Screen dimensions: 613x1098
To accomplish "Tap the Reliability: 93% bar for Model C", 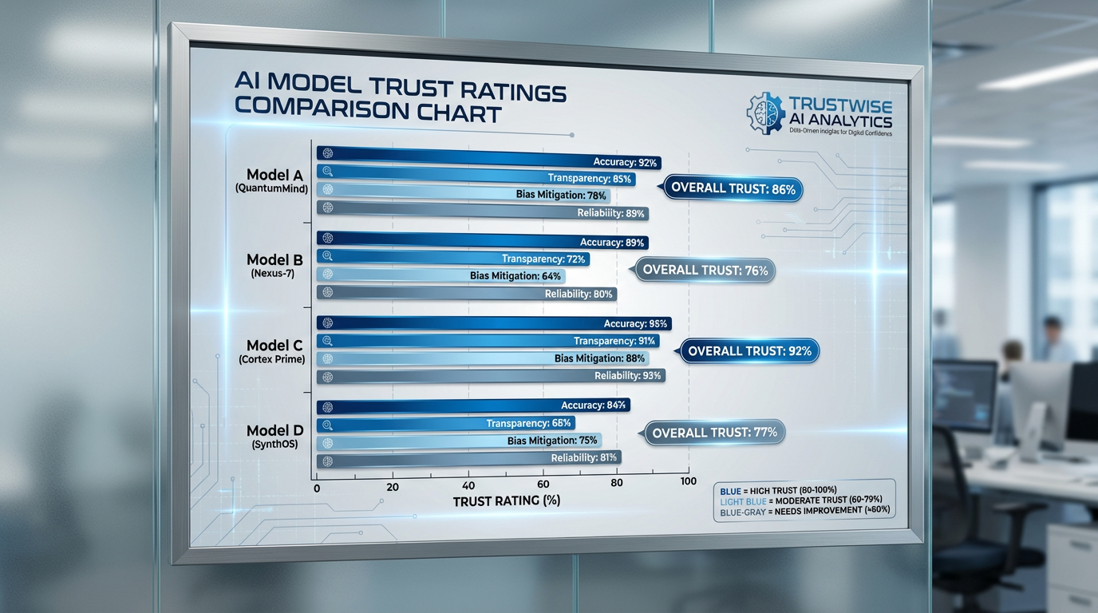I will coord(491,376).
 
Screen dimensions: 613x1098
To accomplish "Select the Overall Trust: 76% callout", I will coord(705,270).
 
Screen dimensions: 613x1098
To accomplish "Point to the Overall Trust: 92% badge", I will coord(748,350).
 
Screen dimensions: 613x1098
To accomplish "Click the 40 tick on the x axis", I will coord(468,486).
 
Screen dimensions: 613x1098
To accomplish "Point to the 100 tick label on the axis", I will coord(687,482).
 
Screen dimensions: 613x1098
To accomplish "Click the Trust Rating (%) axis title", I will coord(506,501).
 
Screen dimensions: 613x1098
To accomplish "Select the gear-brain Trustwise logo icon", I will coord(764,113).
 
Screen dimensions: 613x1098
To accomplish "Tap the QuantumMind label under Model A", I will coord(271,188).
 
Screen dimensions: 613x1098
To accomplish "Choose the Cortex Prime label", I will coord(271,359).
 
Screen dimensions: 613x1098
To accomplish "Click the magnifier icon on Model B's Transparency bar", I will coord(326,256).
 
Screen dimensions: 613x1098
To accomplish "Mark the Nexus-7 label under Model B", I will coord(274,274).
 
